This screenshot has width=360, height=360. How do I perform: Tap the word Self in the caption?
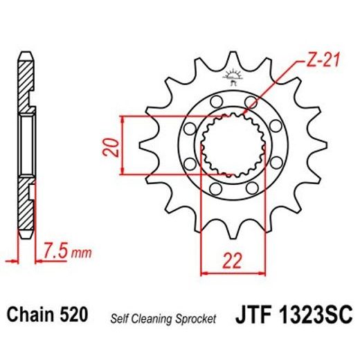click(x=119, y=318)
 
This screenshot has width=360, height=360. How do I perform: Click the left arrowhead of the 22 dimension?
click(x=204, y=273)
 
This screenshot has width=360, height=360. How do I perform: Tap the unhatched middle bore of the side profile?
click(x=26, y=147)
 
